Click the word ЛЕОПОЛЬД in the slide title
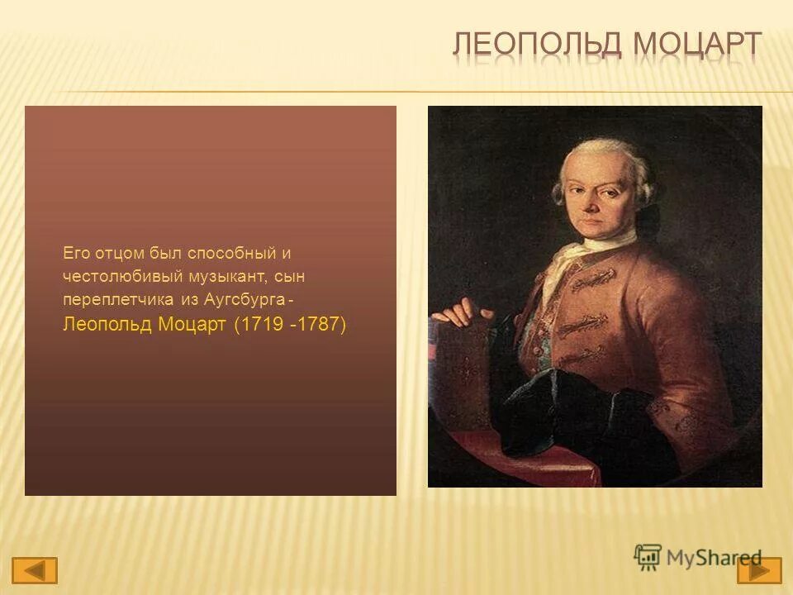[x=537, y=45]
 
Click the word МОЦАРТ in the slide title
[x=697, y=45]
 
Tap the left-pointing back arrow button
[x=35, y=570]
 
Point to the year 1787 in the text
[x=318, y=324]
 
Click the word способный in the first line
[x=225, y=252]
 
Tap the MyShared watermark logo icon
[x=648, y=557]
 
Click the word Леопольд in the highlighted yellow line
[x=107, y=324]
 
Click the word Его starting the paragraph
[x=75, y=252]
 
